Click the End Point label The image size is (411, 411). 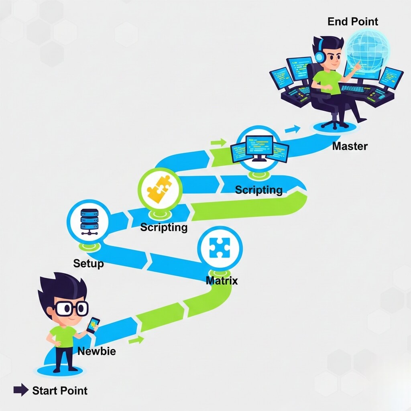coord(353,21)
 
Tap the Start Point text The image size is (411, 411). coord(60,390)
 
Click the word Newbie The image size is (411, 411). coord(96,352)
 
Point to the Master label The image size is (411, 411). coord(350,146)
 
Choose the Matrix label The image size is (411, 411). coord(222,280)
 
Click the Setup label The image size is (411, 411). coord(88,264)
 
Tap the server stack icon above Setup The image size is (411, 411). coord(88,221)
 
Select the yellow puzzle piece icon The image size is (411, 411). coord(160,188)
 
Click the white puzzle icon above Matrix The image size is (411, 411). coord(220,248)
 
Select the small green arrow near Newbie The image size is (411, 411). coord(136,340)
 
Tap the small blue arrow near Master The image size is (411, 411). coord(295,129)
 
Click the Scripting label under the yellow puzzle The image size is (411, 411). coord(164,228)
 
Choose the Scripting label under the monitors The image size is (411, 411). coord(259,189)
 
